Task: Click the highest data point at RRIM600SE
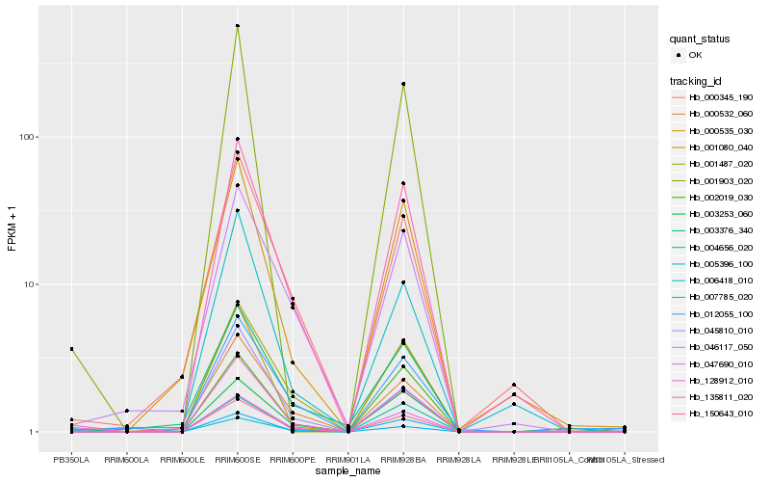click(237, 26)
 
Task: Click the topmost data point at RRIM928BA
click(403, 84)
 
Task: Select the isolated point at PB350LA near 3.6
click(70, 349)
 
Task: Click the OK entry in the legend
click(696, 55)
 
